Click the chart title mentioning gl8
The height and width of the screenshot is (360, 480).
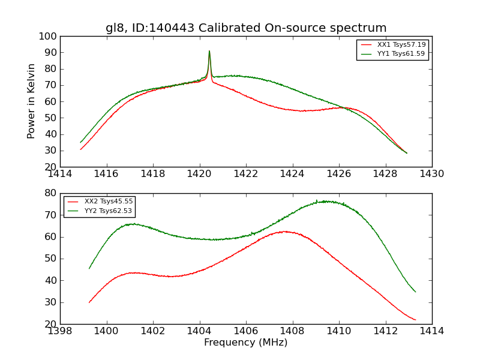246,28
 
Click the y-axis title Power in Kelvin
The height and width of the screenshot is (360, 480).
32,101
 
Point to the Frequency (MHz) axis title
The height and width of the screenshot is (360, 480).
246,343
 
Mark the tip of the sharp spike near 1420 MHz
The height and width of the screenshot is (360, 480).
209,51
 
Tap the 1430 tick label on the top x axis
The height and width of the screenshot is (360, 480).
432,174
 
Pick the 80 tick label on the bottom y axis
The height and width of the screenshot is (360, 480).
52,193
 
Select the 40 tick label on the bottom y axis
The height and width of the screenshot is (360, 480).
52,280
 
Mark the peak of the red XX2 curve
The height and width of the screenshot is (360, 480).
286,231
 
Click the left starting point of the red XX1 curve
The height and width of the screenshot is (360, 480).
80,149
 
